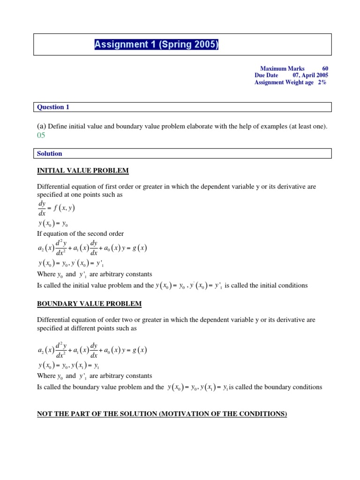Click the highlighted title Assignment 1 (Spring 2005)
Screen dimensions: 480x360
tap(157, 45)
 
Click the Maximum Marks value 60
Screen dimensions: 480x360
tap(325, 68)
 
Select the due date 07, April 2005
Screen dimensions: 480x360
tap(310, 75)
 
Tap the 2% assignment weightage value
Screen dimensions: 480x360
tap(322, 82)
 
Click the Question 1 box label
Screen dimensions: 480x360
tap(53, 107)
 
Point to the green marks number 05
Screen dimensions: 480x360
tap(42, 135)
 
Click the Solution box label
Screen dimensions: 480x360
tap(50, 153)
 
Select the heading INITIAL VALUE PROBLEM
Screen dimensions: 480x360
tap(83, 170)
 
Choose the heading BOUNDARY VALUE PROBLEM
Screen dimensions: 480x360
tap(89, 304)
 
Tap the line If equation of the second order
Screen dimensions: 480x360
tap(80, 233)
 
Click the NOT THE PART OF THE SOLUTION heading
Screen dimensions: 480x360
tap(162, 414)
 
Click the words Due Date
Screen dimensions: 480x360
tap(266, 75)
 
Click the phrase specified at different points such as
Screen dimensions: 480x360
tap(87, 329)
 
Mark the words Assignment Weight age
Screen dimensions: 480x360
tap(284, 82)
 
